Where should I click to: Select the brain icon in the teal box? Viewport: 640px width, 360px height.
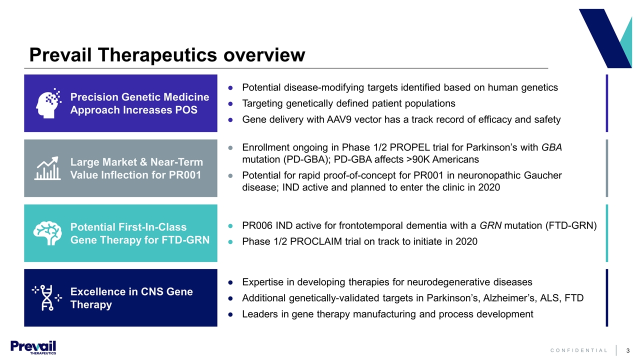tap(47, 233)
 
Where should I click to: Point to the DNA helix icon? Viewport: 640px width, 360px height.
tap(47, 297)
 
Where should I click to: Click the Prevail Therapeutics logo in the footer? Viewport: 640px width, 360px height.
tap(33, 347)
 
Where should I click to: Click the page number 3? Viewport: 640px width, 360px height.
tap(628, 350)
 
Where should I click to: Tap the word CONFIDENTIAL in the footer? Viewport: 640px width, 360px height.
tap(579, 350)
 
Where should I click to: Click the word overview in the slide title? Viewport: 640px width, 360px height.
tap(264, 54)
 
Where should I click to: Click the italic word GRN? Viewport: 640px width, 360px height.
tap(490, 225)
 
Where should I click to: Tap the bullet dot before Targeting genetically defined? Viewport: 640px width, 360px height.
tap(230, 104)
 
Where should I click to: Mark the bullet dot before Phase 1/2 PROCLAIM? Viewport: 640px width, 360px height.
tap(230, 242)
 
